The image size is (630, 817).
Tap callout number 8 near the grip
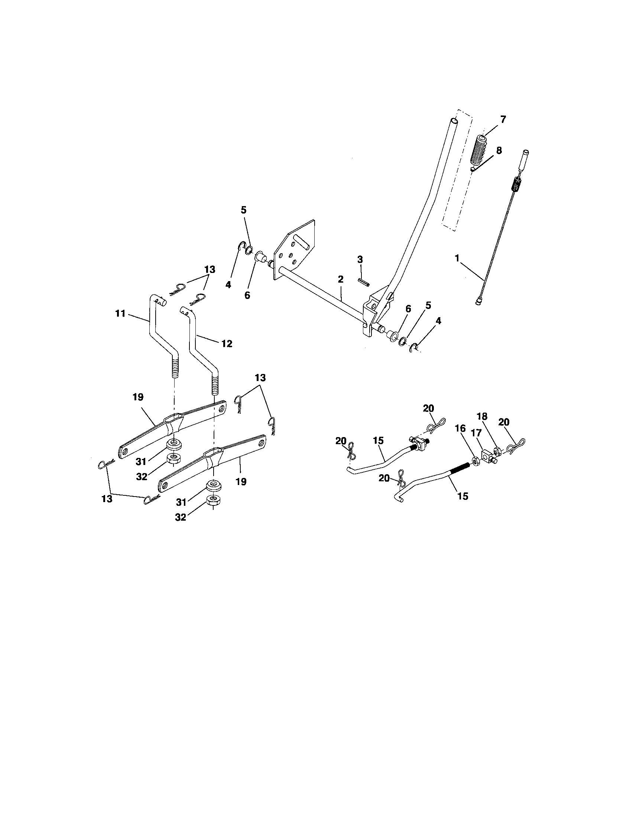click(499, 150)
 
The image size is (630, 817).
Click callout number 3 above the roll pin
click(360, 259)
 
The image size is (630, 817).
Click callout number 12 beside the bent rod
click(227, 344)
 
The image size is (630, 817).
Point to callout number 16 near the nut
click(460, 429)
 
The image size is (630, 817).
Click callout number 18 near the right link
click(482, 417)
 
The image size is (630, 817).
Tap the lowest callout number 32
click(181, 518)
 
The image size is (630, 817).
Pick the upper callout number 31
click(141, 462)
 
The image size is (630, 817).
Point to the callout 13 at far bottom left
click(107, 499)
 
